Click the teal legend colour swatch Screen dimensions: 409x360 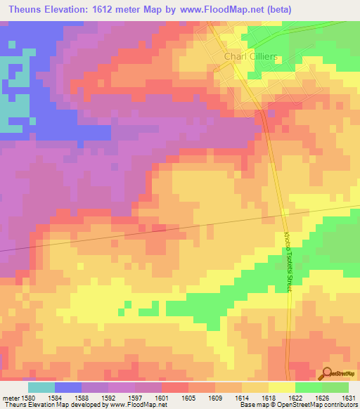tap(41, 387)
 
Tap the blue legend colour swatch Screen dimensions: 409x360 tap(68, 387)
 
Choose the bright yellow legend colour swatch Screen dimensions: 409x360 tap(282, 387)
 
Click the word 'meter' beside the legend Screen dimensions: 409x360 tap(11, 398)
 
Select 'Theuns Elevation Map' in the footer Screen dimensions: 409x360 tap(32, 405)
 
